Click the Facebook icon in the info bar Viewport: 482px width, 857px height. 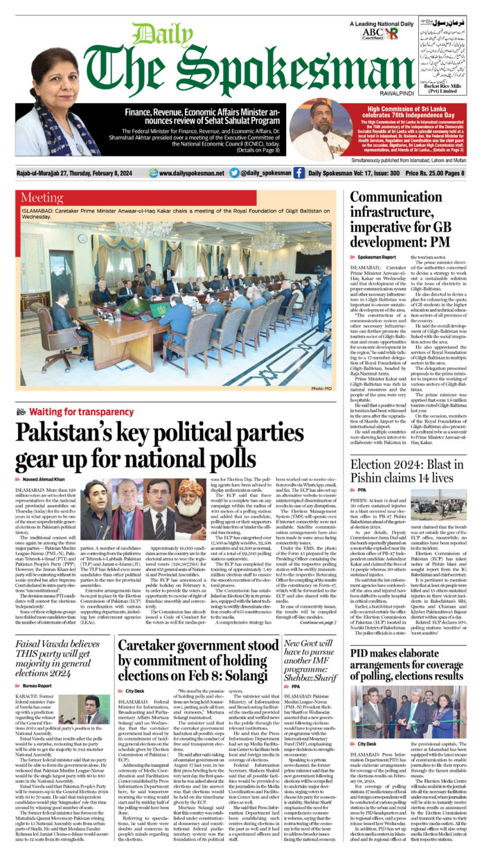pos(298,173)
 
